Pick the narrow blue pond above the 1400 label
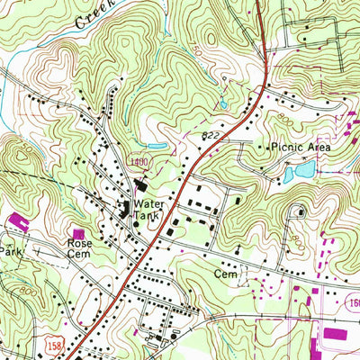point(155,144)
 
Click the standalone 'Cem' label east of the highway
point(223,270)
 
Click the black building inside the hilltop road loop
point(300,212)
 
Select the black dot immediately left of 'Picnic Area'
point(263,146)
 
